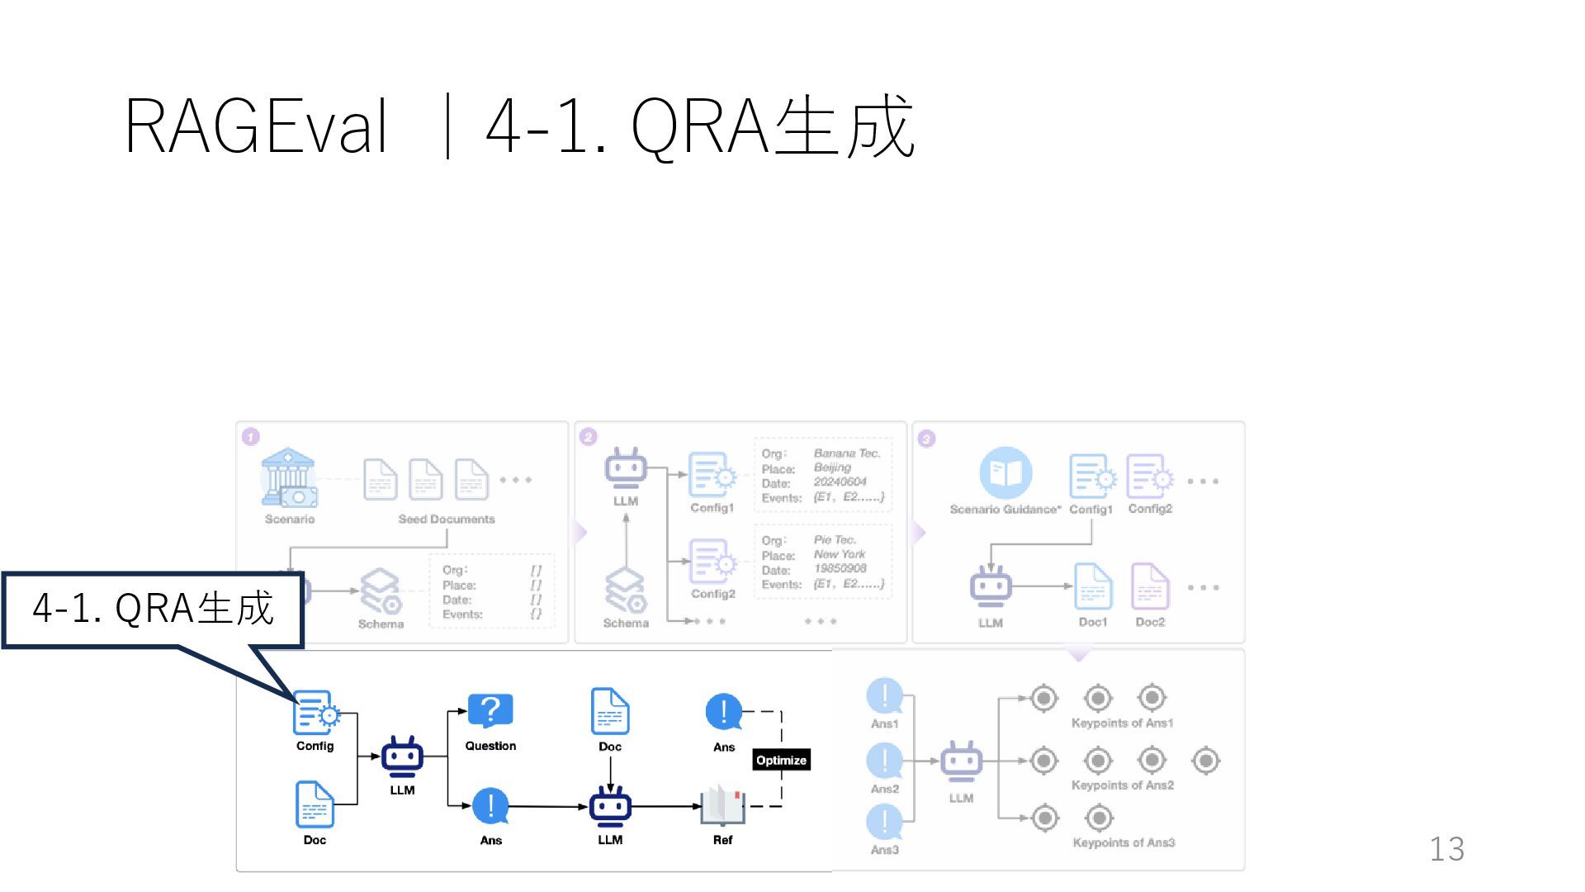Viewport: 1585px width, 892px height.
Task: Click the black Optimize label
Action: [x=781, y=760]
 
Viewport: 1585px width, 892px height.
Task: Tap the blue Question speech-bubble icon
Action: [x=490, y=710]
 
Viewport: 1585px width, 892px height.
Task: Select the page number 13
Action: [x=1446, y=849]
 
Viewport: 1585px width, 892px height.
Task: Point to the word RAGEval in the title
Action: [x=256, y=126]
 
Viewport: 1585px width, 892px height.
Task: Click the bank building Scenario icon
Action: [x=288, y=477]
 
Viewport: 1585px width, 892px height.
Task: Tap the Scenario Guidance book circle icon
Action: [x=1005, y=473]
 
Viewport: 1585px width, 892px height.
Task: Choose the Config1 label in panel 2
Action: [x=712, y=507]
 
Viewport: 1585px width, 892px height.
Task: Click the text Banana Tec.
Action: [x=847, y=453]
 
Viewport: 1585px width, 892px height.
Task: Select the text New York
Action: [x=840, y=554]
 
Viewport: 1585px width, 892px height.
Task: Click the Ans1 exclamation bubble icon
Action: [x=884, y=695]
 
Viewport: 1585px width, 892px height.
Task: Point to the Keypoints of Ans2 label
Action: [x=1122, y=785]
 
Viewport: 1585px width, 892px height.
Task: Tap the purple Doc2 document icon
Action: [x=1149, y=586]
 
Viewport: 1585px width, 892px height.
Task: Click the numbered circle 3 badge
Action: [x=926, y=439]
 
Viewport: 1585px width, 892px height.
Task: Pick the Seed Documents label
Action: [x=447, y=519]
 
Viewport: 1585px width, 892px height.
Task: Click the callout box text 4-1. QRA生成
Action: [x=153, y=609]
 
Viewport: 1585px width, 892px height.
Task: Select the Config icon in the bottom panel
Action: [x=315, y=713]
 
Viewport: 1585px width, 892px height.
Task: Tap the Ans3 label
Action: [x=884, y=849]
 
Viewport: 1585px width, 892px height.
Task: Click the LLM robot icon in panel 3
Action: [x=991, y=586]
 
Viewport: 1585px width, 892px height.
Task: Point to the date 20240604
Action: [x=840, y=482]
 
